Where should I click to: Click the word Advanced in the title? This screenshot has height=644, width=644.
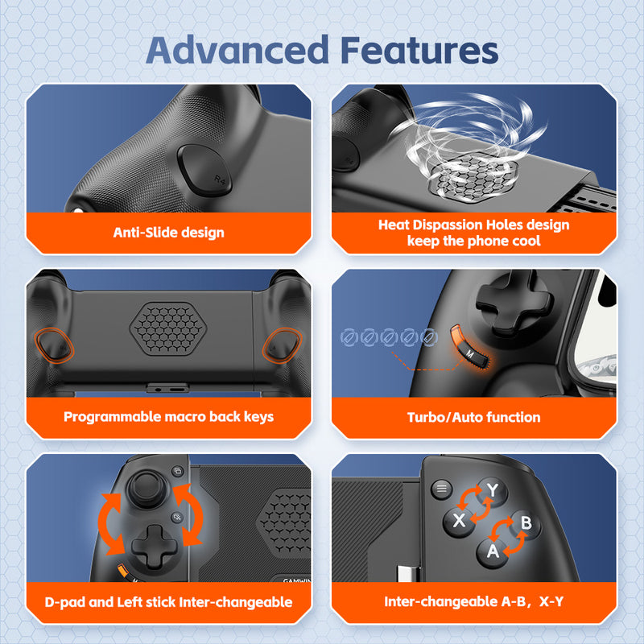point(237,50)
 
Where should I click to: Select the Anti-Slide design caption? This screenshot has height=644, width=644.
point(169,233)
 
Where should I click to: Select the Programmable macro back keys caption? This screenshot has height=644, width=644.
point(169,417)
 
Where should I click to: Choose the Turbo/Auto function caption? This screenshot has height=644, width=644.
point(473,417)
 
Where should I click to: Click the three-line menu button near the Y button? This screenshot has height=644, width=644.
point(440,489)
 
